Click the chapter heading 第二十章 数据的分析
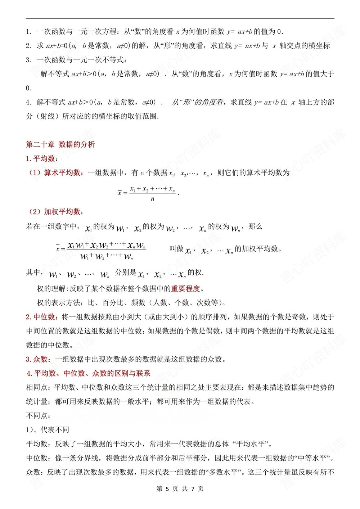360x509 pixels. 60,144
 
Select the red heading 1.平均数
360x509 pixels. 41,158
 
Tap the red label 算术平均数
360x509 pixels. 62,173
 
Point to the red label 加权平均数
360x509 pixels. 62,212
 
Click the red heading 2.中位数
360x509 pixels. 41,317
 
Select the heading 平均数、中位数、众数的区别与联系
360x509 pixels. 89,373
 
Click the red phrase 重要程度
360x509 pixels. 185,289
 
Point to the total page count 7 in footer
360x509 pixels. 193,488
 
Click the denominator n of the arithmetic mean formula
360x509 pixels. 153,199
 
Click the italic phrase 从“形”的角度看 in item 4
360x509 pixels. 197,102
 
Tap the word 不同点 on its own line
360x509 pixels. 37,416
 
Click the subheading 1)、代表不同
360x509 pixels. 48,430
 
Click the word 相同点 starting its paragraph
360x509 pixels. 37,387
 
